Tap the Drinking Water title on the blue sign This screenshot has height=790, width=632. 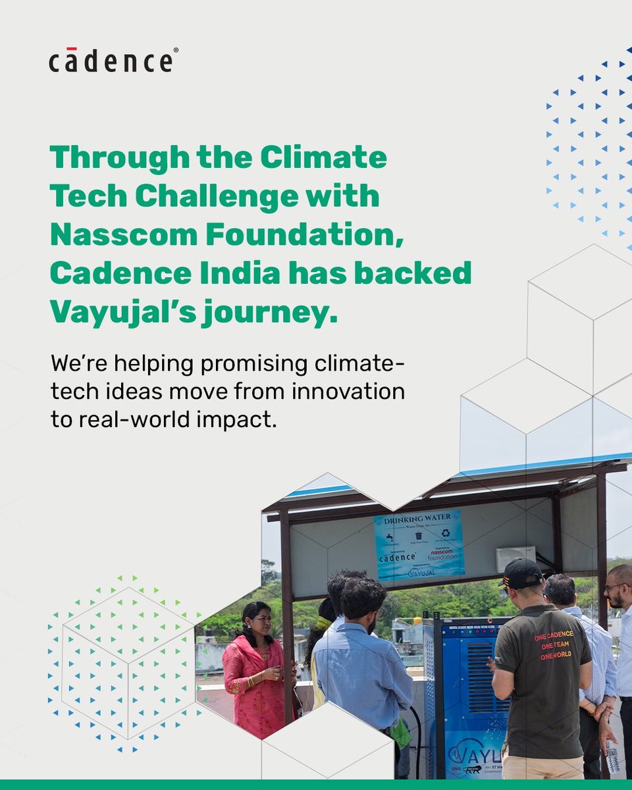pyautogui.click(x=419, y=520)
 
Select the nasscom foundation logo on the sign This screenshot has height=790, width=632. pyautogui.click(x=442, y=555)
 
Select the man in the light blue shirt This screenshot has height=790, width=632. pyautogui.click(x=361, y=665)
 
